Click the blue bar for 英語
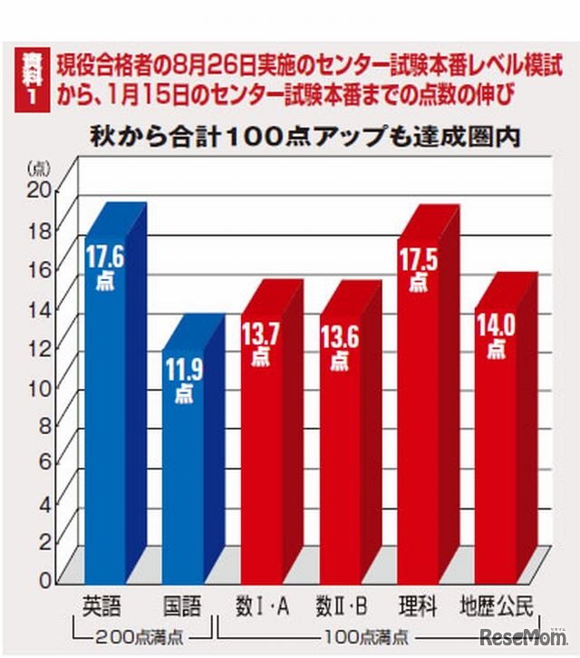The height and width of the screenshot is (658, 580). pos(106,408)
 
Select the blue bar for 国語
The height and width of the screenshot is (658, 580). pos(184,471)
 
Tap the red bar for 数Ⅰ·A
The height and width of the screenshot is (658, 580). pos(262,453)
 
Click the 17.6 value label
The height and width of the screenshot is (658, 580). pos(105,258)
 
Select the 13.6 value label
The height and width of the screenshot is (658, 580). pos(339,338)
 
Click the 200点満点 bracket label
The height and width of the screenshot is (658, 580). pos(141,633)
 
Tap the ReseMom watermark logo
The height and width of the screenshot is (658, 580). pos(523,636)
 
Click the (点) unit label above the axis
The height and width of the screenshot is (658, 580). pos(40,168)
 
